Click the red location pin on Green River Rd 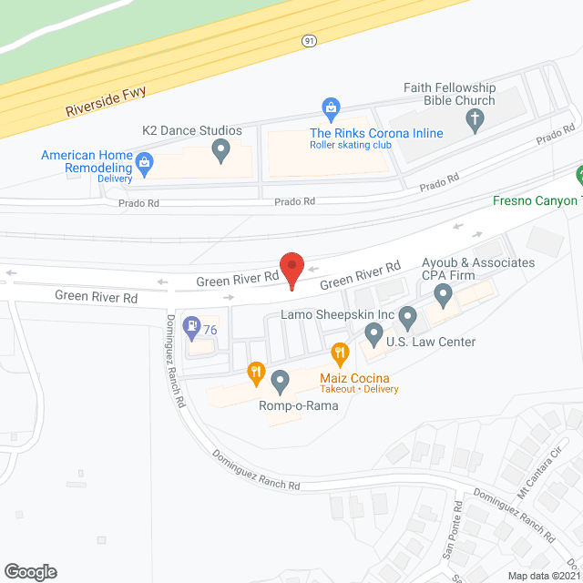(x=291, y=271)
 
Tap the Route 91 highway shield (x=309, y=42)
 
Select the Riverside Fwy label (x=106, y=101)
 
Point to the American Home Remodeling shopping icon (x=144, y=164)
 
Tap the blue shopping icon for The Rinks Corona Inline (x=332, y=109)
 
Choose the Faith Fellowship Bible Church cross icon (x=474, y=118)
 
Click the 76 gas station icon (x=192, y=325)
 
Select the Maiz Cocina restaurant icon (x=340, y=353)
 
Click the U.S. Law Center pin (x=373, y=335)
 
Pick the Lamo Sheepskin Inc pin (x=407, y=318)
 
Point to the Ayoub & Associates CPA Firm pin (x=443, y=294)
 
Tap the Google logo (x=29, y=571)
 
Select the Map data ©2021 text (x=541, y=575)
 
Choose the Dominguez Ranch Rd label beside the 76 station (x=176, y=361)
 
